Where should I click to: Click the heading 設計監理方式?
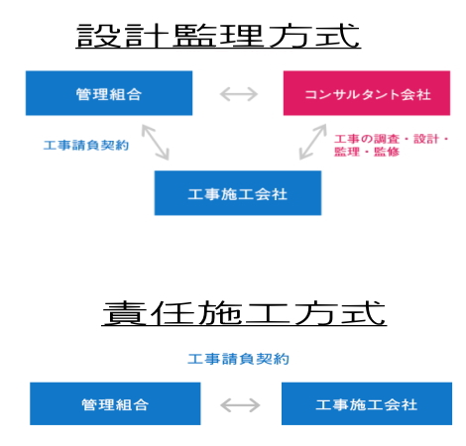click(x=218, y=36)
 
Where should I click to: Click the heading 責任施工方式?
click(x=244, y=313)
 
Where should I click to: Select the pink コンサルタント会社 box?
click(x=367, y=93)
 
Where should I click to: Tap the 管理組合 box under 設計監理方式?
click(x=109, y=93)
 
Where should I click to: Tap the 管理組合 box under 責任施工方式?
click(x=115, y=403)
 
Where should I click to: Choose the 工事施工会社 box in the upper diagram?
click(x=238, y=193)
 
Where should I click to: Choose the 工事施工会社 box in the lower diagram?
click(x=367, y=403)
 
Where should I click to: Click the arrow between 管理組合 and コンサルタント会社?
click(x=239, y=94)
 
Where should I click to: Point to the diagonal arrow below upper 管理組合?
click(x=156, y=143)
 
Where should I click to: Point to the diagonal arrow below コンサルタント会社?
click(x=312, y=142)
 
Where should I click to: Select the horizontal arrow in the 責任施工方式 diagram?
click(x=240, y=405)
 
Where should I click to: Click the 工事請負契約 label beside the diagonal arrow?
click(x=86, y=145)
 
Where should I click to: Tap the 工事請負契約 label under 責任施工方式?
click(x=238, y=359)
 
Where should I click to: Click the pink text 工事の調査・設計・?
click(x=392, y=139)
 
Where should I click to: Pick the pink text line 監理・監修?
click(x=367, y=152)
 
